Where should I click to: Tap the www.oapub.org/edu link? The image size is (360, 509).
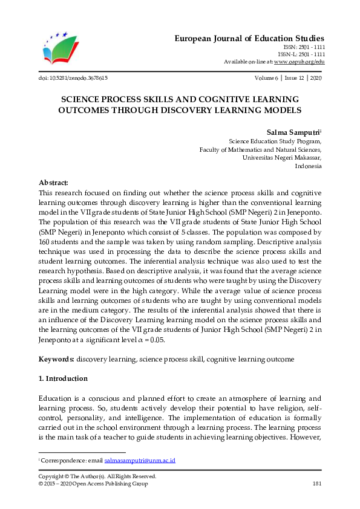click(299, 62)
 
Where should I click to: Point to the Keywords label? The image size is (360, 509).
click(56, 359)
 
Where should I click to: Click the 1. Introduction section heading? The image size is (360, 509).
click(64, 378)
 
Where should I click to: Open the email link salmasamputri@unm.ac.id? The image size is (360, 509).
click(140, 460)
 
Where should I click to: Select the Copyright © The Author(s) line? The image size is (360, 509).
click(97, 476)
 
